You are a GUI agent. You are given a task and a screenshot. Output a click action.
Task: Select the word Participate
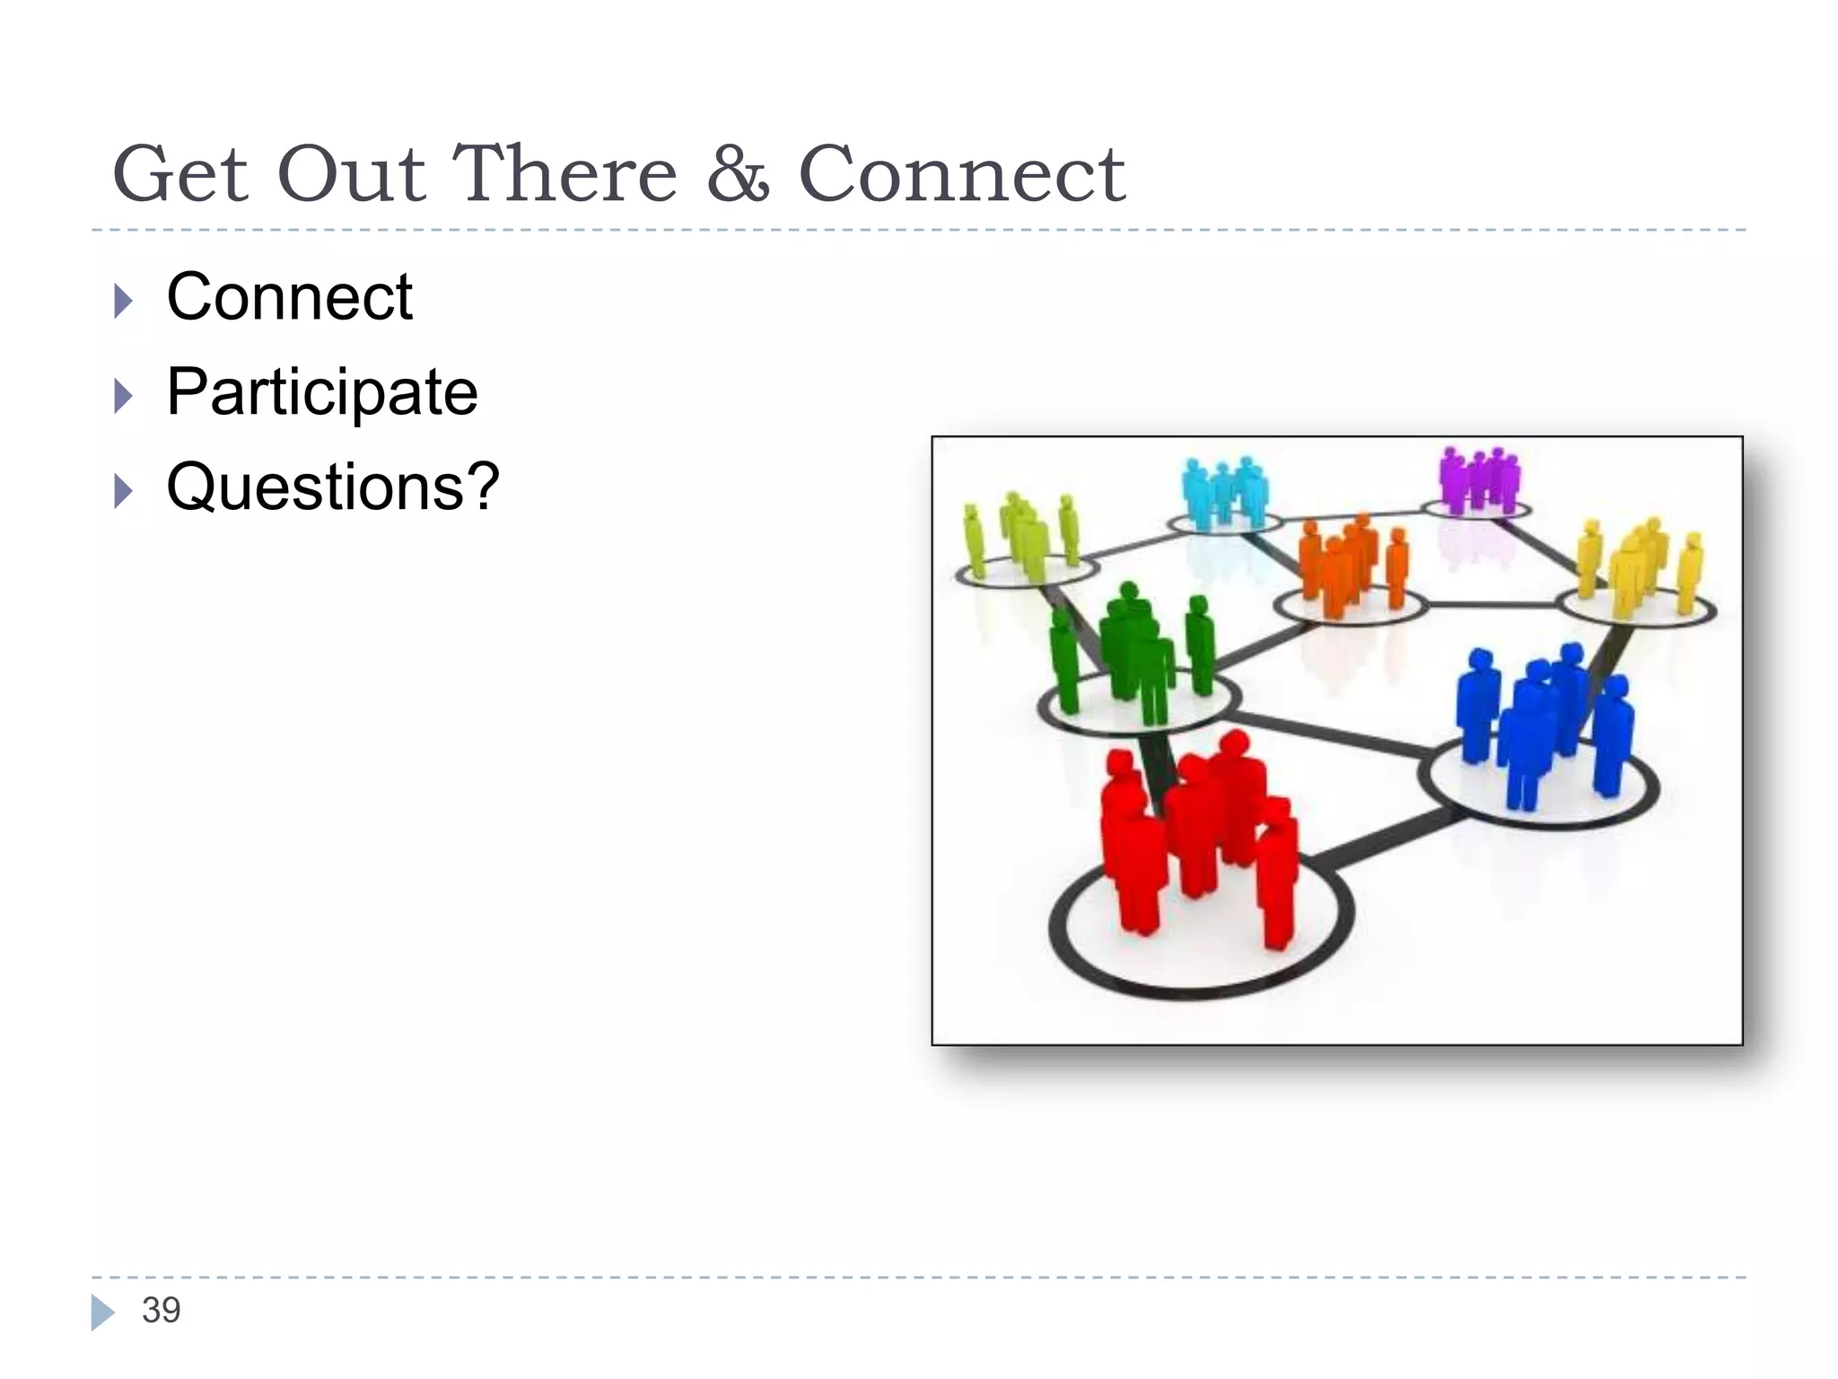[322, 392]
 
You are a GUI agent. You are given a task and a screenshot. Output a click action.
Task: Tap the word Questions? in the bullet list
[333, 487]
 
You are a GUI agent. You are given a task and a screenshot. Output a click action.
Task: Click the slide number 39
[162, 1310]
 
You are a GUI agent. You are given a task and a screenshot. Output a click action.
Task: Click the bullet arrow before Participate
[124, 396]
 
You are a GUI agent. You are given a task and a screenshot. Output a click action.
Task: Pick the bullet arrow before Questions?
[124, 491]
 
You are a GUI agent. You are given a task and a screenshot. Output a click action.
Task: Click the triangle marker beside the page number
[102, 1312]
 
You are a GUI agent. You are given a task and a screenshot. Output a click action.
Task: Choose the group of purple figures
[1479, 479]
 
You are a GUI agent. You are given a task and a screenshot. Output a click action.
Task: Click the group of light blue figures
[1224, 491]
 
